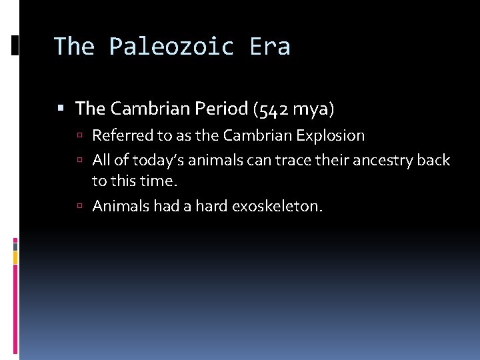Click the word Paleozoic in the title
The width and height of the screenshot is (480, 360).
click(173, 47)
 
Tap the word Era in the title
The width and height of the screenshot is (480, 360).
click(270, 47)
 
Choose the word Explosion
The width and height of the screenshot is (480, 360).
click(331, 136)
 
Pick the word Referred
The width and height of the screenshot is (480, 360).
click(122, 136)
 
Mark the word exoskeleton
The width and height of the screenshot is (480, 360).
click(277, 207)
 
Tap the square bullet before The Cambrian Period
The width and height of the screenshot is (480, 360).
click(61, 108)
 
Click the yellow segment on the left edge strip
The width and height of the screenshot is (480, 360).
click(15, 257)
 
